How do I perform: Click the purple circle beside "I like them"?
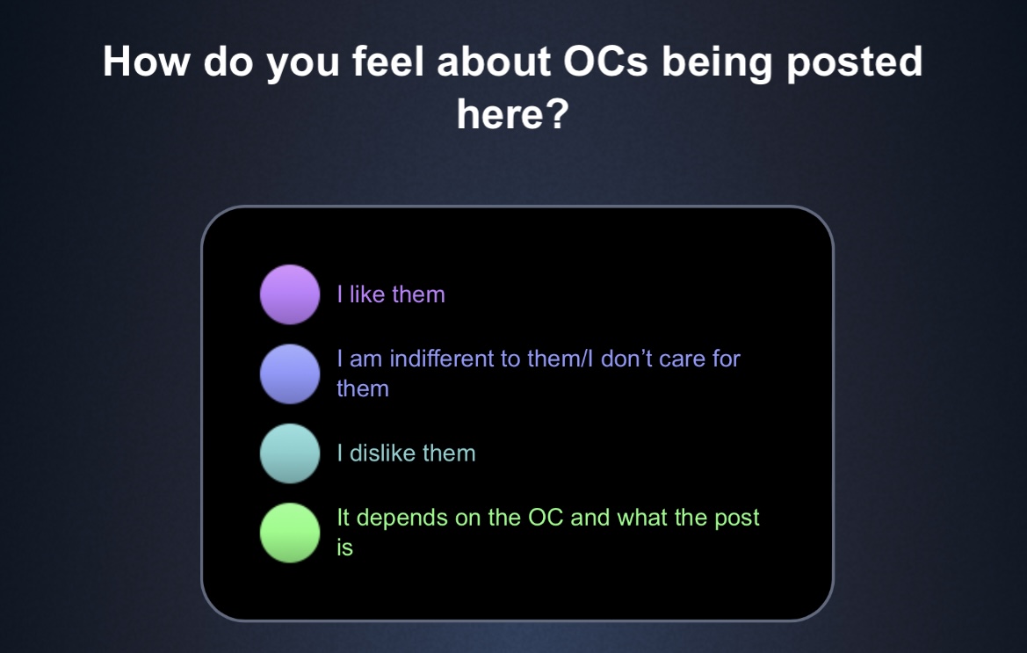(x=290, y=294)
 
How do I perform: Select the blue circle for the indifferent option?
(x=290, y=374)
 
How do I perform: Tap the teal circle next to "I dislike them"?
(x=290, y=453)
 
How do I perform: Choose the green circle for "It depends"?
(x=290, y=533)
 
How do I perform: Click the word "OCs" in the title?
(x=605, y=62)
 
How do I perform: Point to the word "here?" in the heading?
(x=513, y=114)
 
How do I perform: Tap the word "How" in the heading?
(x=146, y=62)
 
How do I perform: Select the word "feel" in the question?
(x=387, y=62)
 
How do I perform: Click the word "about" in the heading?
(x=493, y=62)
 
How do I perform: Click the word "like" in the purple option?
(x=367, y=294)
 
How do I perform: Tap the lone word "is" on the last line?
(x=344, y=548)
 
